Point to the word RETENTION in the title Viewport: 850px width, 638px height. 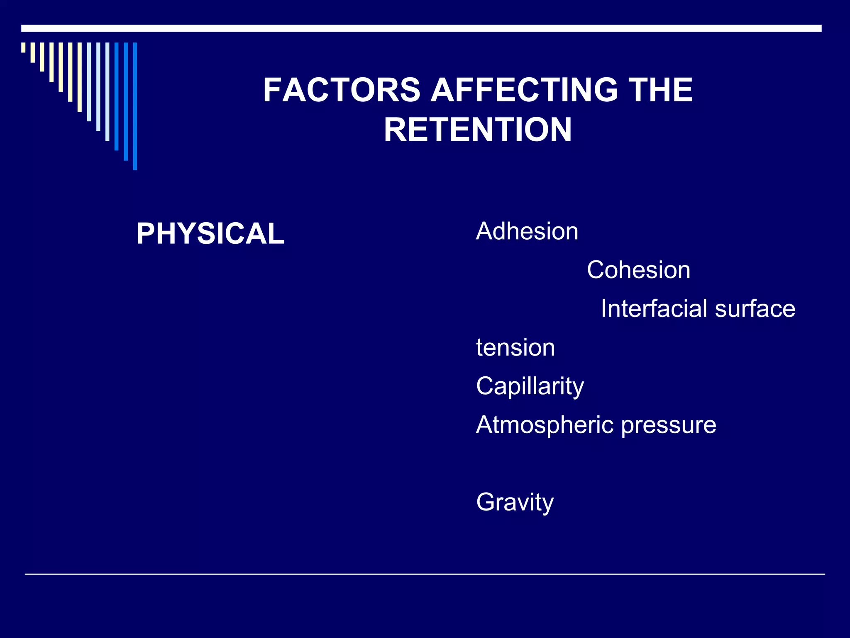point(478,130)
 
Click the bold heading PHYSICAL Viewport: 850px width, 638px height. point(210,233)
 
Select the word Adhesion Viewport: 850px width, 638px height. point(527,231)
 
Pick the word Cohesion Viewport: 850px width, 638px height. point(638,270)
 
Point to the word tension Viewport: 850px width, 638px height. point(515,348)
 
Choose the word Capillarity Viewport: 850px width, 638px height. point(530,386)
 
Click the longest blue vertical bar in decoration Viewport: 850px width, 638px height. point(135,106)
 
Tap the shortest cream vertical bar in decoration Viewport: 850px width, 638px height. point(23,47)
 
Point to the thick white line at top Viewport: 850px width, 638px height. point(421,28)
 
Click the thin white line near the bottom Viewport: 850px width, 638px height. point(425,574)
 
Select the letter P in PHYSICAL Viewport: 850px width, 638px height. point(146,233)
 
